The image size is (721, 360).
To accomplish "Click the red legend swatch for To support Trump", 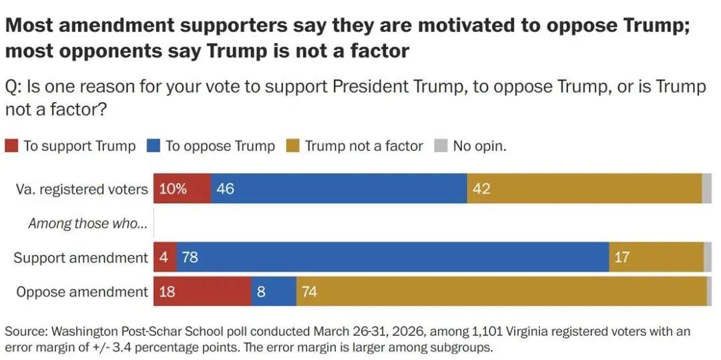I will tap(11, 146).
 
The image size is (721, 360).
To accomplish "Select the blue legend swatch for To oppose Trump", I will tap(154, 146).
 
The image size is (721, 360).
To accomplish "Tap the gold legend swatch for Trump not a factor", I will tap(292, 146).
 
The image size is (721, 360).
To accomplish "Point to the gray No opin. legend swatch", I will tap(441, 146).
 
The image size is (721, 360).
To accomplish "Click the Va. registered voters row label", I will tap(81, 189).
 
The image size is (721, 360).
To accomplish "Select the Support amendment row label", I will tap(81, 257).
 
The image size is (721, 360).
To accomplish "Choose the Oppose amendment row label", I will tap(81, 292).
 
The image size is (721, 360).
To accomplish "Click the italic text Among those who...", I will tap(87, 224).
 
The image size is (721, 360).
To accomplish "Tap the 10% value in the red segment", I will tap(173, 189).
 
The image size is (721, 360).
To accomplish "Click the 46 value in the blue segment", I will tap(225, 189).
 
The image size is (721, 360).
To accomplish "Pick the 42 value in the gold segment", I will tap(481, 189).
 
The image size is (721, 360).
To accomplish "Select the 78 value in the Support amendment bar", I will tap(190, 257).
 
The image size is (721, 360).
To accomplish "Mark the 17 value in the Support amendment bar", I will tap(622, 257).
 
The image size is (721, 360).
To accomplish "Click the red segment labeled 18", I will tap(202, 292).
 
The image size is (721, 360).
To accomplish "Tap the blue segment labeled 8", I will tap(274, 292).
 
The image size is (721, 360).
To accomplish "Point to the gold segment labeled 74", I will tap(501, 292).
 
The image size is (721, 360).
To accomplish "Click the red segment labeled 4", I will tap(164, 257).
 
